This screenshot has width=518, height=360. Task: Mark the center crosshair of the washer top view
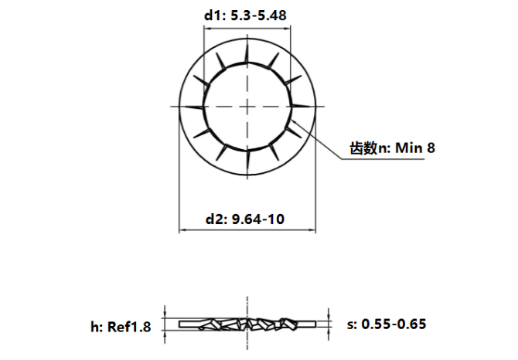click(x=247, y=105)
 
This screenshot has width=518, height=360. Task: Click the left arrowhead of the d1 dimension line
click(x=206, y=29)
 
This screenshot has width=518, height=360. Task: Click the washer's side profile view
click(x=247, y=323)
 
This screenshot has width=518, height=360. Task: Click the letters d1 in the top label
click(x=213, y=15)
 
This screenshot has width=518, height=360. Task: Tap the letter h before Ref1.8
click(x=94, y=325)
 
